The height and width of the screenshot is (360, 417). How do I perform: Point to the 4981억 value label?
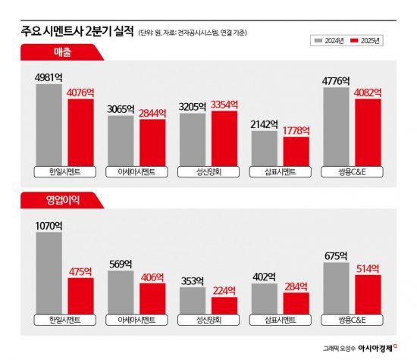(x=49, y=77)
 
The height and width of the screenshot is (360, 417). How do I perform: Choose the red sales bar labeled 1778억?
(x=296, y=152)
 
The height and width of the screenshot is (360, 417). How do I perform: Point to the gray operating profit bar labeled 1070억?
(x=49, y=273)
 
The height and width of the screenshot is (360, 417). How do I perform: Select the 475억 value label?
(x=80, y=271)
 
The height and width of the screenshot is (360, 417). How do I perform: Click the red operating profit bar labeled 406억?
(x=152, y=298)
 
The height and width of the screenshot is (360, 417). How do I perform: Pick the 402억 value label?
(x=265, y=277)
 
